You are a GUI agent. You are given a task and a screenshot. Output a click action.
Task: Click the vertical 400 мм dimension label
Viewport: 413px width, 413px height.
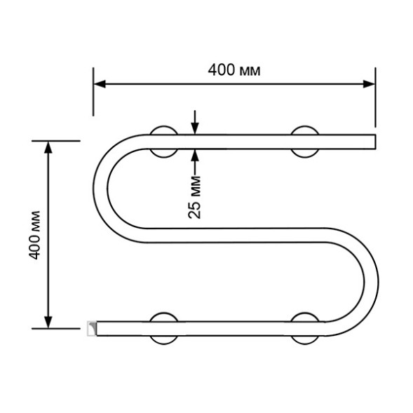pyautogui.click(x=35, y=234)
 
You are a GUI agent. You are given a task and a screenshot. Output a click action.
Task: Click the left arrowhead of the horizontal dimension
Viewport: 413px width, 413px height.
pyautogui.click(x=100, y=84)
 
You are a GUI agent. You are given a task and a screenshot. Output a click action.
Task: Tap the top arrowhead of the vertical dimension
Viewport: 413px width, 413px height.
pyautogui.click(x=48, y=146)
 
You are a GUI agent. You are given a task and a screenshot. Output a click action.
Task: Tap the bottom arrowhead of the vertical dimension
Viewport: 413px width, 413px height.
pyautogui.click(x=48, y=323)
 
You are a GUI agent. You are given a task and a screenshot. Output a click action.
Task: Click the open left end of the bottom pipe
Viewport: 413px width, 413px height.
pyautogui.click(x=90, y=327)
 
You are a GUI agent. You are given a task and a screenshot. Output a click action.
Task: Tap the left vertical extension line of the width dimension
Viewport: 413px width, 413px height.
pyautogui.click(x=93, y=91)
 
